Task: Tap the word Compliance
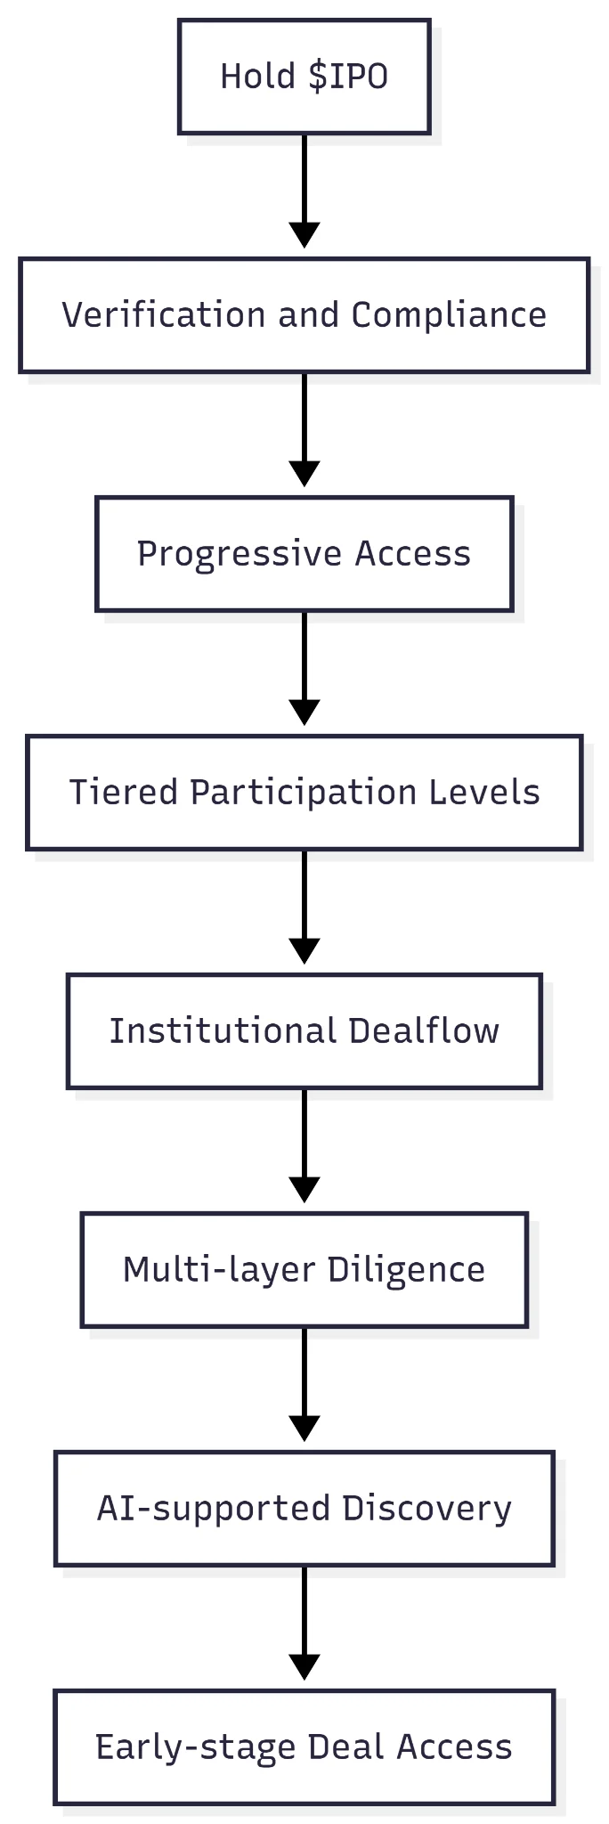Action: tap(449, 315)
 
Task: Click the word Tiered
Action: tap(124, 793)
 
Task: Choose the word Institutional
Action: tap(223, 1031)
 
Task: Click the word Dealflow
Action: tap(424, 1031)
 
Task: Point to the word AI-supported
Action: tap(214, 1509)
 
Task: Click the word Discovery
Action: tap(427, 1509)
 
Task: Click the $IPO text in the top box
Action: tap(348, 77)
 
